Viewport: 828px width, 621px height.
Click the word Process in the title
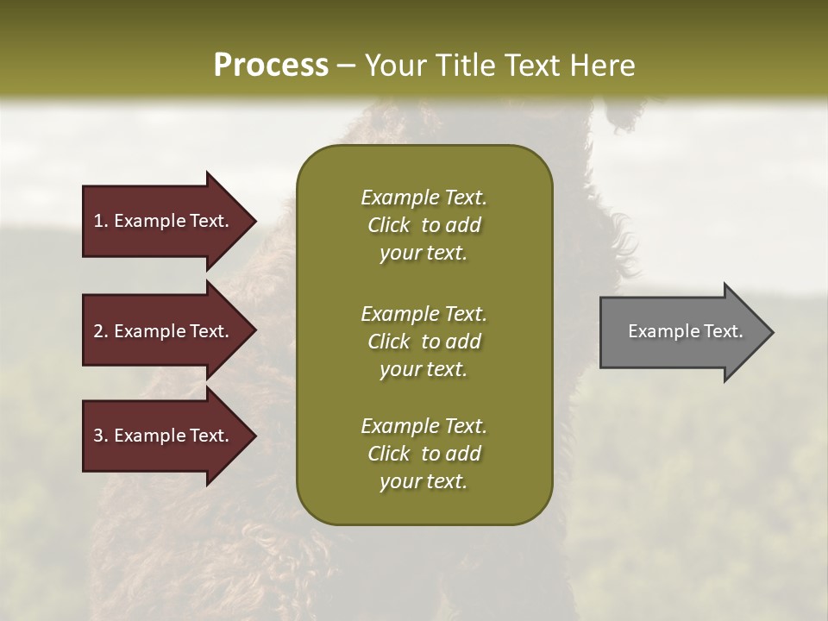pos(271,66)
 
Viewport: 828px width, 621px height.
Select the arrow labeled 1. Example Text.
pos(161,221)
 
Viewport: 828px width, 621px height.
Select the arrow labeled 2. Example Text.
pos(161,331)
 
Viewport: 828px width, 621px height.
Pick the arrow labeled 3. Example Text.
pos(161,436)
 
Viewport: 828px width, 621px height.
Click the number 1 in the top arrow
pos(97,221)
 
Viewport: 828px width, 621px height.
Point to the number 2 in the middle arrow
pos(98,331)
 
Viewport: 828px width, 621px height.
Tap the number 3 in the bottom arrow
pos(98,436)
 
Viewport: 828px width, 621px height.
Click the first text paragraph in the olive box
pos(423,225)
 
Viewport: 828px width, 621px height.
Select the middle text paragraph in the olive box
pos(423,342)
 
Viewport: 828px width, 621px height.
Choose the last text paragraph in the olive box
pos(423,454)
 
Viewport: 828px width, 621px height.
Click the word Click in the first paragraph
pos(388,225)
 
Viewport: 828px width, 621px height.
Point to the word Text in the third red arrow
pos(210,436)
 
